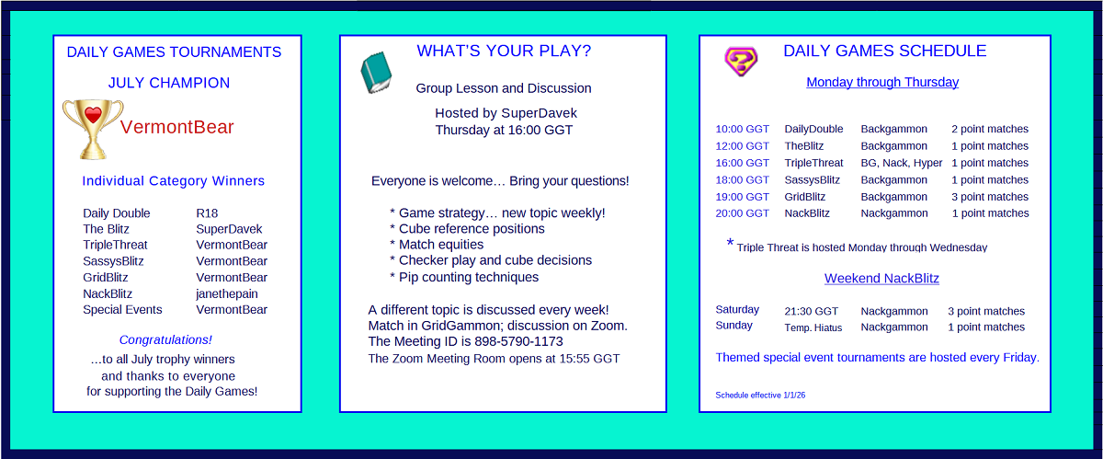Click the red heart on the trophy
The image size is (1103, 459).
[93, 114]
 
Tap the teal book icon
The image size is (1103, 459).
[376, 73]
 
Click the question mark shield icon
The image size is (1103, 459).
[741, 62]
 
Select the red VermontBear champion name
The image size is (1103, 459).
[176, 127]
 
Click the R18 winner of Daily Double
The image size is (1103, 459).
[207, 213]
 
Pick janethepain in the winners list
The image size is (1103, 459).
[226, 293]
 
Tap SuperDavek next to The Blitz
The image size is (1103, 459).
[229, 229]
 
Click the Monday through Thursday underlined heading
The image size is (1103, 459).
[882, 83]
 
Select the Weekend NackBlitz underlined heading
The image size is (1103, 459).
[881, 279]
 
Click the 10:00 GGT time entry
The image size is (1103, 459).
[742, 129]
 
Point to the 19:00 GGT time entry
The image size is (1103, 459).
[742, 197]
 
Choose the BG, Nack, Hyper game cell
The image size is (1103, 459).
[901, 163]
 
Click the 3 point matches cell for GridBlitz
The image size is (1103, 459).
[990, 197]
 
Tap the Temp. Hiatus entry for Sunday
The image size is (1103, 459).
[813, 327]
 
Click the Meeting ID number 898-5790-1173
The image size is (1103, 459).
[518, 341]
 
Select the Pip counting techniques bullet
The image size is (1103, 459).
[464, 278]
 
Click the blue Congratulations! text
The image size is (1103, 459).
[165, 340]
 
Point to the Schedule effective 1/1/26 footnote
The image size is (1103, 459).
[760, 396]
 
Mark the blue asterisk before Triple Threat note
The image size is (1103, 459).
[730, 242]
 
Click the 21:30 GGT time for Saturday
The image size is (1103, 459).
[811, 312]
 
